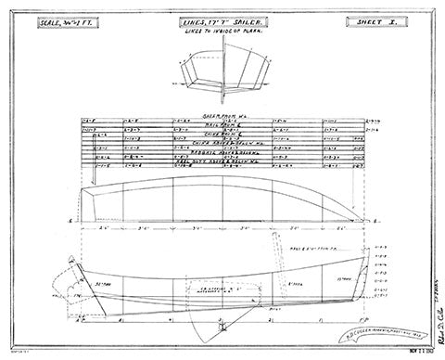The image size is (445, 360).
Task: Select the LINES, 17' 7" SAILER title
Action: [222, 21]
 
